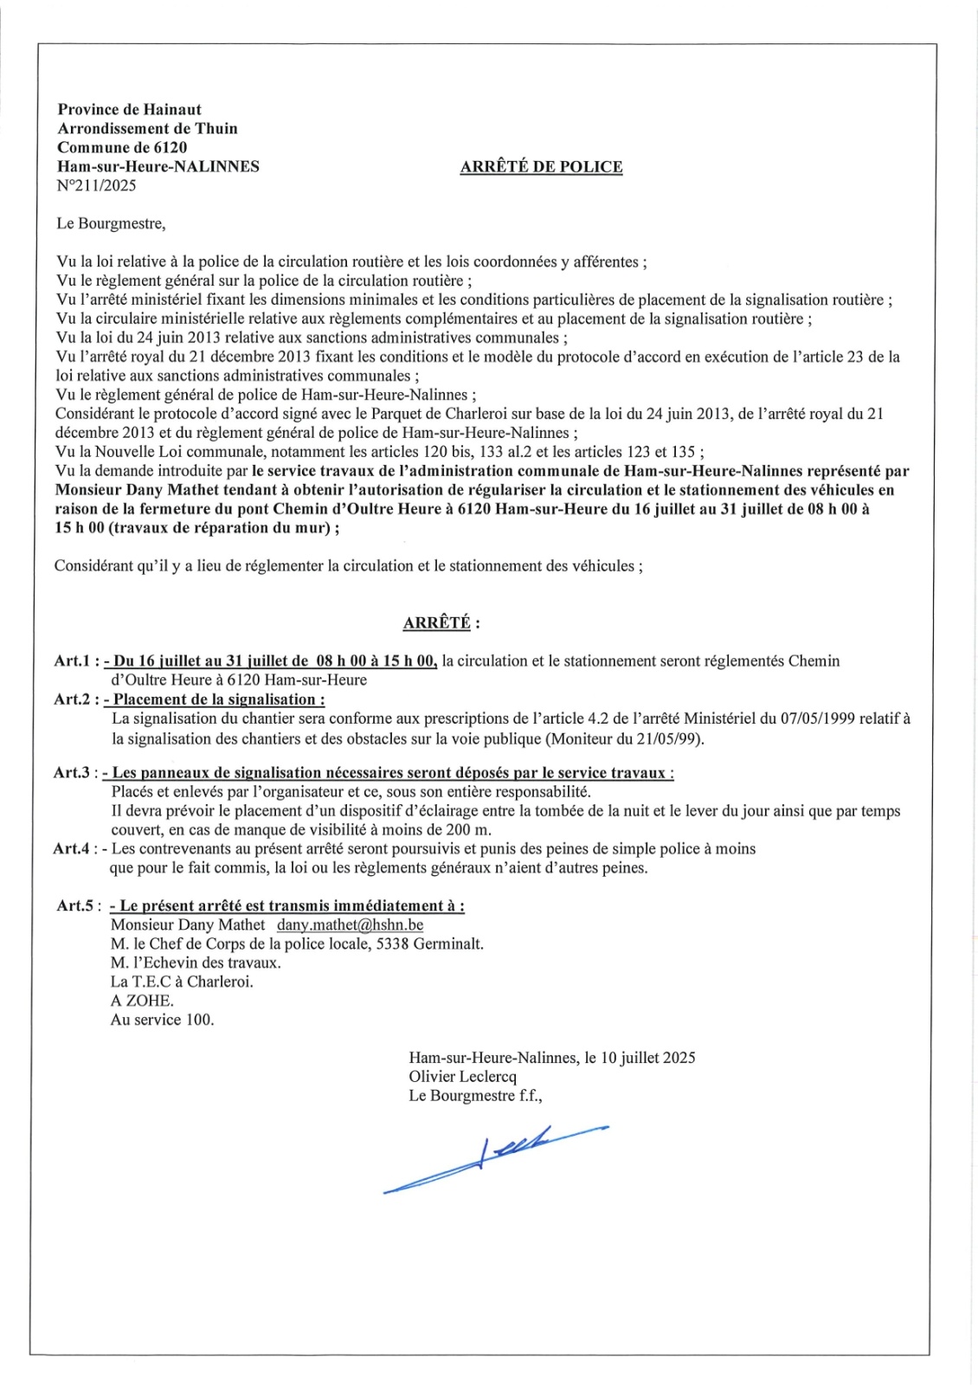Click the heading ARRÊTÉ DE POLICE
[541, 167]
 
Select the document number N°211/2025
[96, 185]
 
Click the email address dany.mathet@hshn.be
[350, 924]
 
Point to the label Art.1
[72, 661]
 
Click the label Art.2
[72, 699]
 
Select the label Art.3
[72, 773]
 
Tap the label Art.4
[72, 849]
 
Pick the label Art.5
[75, 905]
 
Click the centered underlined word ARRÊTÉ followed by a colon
[441, 623]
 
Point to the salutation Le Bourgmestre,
[111, 223]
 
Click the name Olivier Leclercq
[463, 1077]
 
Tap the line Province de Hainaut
[129, 110]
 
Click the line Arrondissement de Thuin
[147, 129]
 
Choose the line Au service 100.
[162, 1020]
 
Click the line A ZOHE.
[142, 1001]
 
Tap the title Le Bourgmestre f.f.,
[475, 1096]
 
